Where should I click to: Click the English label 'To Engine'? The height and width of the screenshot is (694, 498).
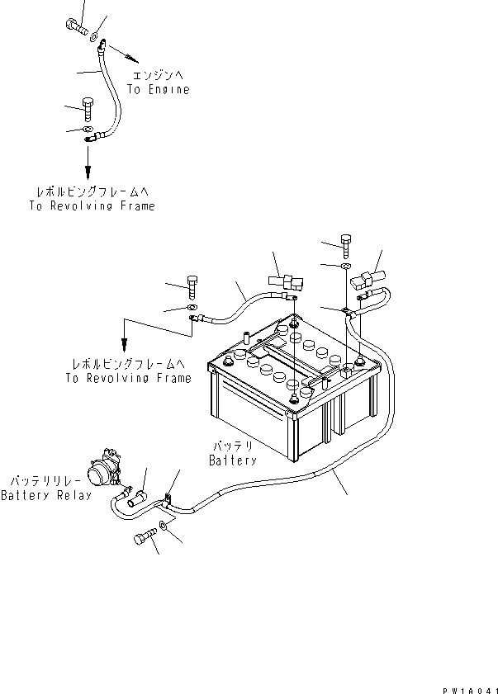[159, 89]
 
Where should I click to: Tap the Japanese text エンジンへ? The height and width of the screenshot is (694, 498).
[159, 76]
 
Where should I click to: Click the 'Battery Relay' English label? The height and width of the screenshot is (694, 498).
[46, 495]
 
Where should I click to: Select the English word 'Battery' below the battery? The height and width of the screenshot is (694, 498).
[232, 460]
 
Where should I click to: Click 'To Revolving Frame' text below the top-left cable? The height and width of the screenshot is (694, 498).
[91, 206]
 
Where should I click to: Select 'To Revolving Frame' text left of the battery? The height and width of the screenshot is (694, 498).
[129, 378]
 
